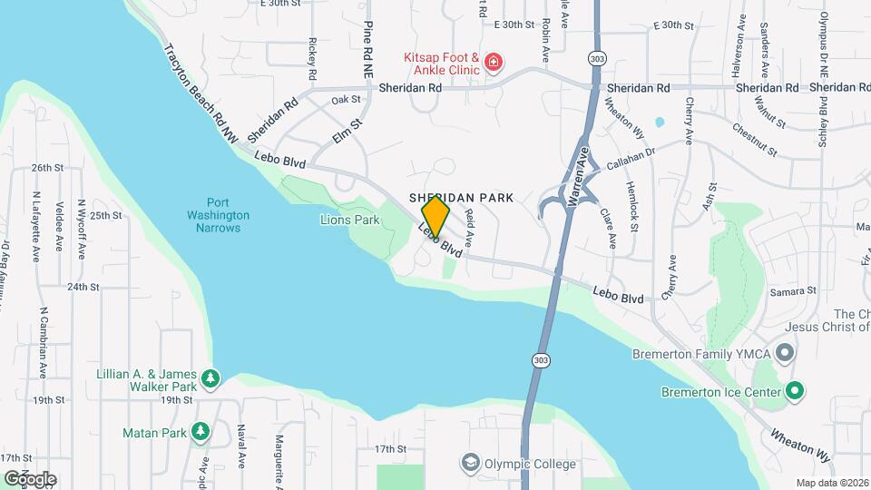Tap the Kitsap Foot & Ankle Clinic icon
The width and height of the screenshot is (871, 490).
[493, 63]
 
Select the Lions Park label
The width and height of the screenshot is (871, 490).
[349, 220]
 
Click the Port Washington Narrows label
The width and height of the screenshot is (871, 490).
[218, 215]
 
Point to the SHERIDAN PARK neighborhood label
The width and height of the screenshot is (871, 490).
[461, 197]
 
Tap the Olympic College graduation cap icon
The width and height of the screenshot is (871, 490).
[469, 463]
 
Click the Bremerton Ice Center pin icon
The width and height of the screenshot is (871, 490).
[795, 392]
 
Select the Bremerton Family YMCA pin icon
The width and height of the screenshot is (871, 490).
[786, 351]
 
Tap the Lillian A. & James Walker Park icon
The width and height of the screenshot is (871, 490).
[210, 378]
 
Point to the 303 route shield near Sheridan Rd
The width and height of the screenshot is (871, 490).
[596, 58]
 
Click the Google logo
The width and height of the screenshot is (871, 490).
[29, 478]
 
